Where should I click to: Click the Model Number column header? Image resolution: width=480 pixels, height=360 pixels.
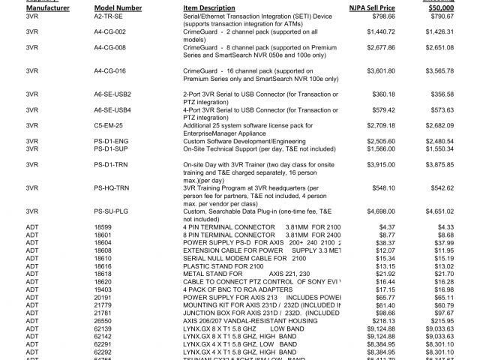[x=118, y=7]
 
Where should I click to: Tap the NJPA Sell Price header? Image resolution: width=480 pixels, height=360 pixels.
[x=372, y=7]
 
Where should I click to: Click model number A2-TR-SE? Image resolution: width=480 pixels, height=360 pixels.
[x=109, y=15]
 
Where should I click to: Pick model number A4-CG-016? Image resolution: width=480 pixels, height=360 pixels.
[x=111, y=71]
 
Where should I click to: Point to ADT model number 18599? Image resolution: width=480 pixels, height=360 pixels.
[x=103, y=226]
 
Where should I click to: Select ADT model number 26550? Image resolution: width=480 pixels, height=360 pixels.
[x=103, y=320]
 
